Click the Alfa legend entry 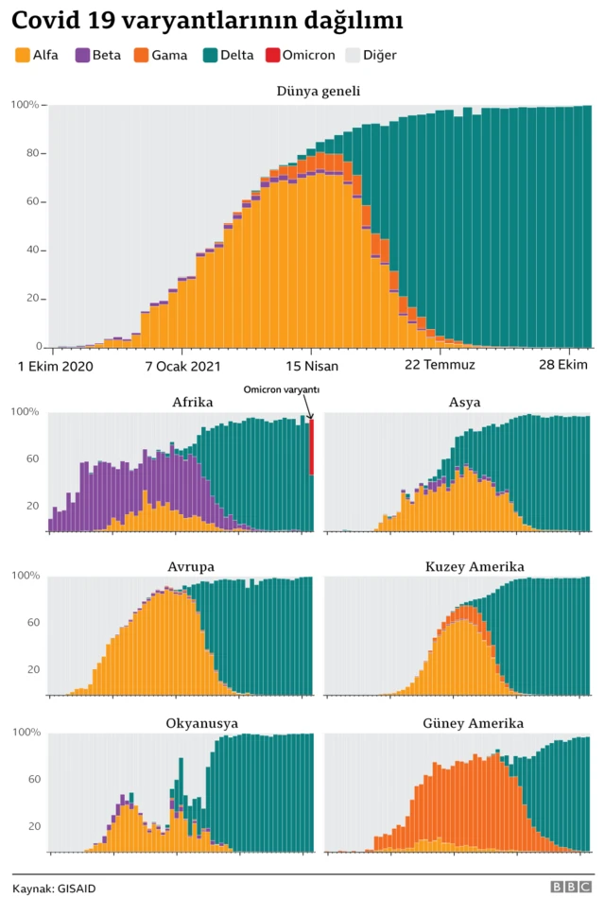[37, 55]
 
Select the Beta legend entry [99, 55]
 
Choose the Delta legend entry [227, 55]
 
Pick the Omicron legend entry [301, 55]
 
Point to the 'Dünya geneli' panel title [318, 91]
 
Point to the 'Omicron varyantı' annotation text [282, 389]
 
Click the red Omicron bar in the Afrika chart [312, 448]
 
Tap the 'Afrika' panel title [192, 403]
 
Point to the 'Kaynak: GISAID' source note [54, 888]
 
